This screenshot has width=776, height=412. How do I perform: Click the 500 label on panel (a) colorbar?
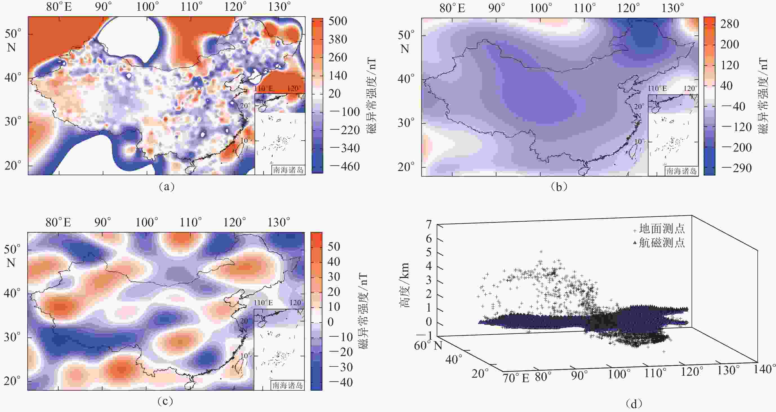coord(338,21)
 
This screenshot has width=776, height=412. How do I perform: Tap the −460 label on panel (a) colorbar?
coord(345,166)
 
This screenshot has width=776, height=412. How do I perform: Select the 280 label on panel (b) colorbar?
coord(730,24)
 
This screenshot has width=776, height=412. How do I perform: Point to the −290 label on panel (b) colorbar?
coord(737,168)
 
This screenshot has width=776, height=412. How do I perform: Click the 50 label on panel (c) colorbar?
coord(334,246)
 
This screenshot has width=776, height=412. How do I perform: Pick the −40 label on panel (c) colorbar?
coord(341,382)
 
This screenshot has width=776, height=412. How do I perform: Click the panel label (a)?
coord(166,187)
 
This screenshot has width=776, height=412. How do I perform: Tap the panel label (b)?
coord(559,187)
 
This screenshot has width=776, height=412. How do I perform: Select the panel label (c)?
coord(165,401)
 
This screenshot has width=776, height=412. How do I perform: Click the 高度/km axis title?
coord(404,285)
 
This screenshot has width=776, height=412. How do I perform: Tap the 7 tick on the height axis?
coord(428,224)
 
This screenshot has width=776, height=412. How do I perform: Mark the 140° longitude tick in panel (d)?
coord(764,369)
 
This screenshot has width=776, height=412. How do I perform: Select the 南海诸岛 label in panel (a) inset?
coord(288,170)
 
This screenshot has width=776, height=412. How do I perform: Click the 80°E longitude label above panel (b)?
coord(452,8)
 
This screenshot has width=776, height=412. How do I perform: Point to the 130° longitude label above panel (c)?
coord(279,223)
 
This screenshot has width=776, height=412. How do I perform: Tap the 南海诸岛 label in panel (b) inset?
coord(681,171)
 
